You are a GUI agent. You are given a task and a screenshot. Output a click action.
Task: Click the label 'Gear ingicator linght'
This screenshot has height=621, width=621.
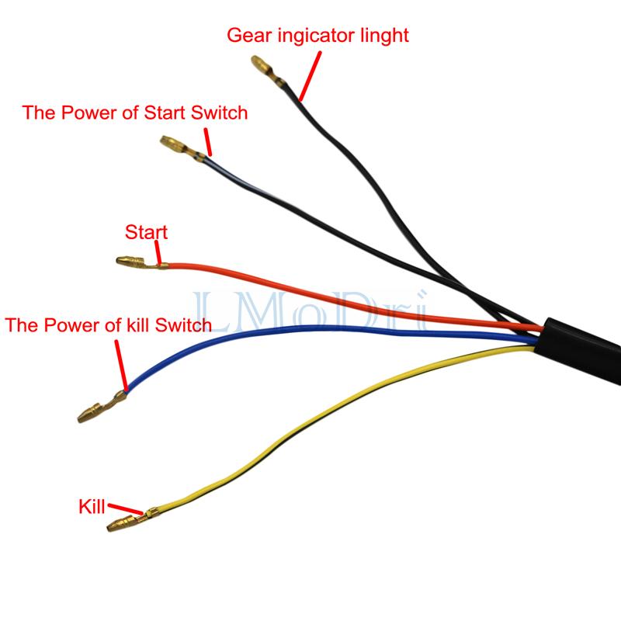317,35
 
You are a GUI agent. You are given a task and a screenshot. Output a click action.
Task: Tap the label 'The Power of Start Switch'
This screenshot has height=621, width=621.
135,113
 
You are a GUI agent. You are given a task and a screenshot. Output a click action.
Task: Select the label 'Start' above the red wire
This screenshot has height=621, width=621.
146,232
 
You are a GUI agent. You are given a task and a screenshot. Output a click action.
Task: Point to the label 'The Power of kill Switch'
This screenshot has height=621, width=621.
109,324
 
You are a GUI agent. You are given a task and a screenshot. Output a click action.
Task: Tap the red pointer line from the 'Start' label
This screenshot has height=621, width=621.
158,252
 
